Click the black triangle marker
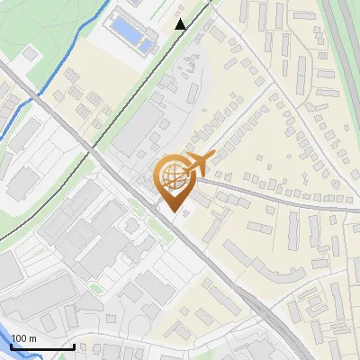181,24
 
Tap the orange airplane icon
198,164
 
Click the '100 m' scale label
24,337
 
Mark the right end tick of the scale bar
74,346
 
